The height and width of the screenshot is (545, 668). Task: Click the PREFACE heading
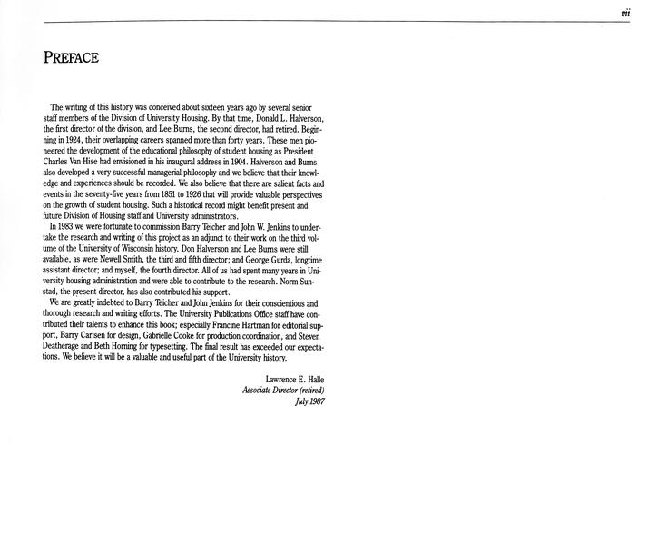tap(70, 59)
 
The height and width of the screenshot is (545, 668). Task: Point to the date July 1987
tap(309, 401)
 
